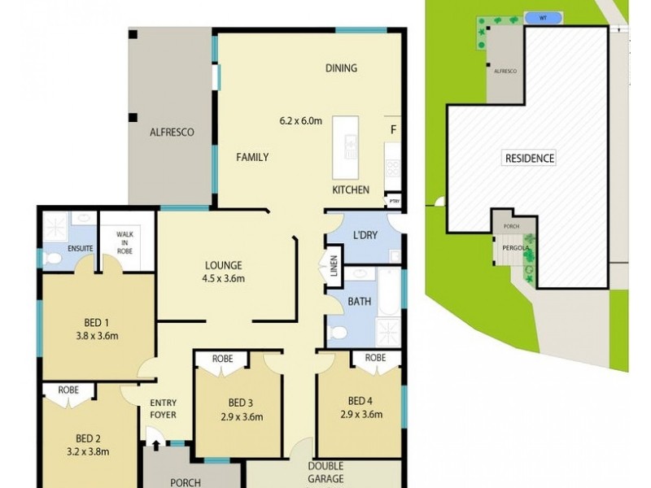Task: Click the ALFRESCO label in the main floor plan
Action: pyautogui.click(x=171, y=132)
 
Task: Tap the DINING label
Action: pyautogui.click(x=341, y=68)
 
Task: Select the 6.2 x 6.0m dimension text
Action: pyautogui.click(x=300, y=122)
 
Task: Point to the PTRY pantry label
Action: pyautogui.click(x=395, y=200)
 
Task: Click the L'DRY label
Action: pyautogui.click(x=365, y=234)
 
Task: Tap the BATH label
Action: pyautogui.click(x=359, y=302)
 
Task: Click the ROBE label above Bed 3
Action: pyautogui.click(x=223, y=358)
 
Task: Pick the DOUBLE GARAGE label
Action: pyautogui.click(x=325, y=473)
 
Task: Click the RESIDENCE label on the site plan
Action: pyautogui.click(x=530, y=159)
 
